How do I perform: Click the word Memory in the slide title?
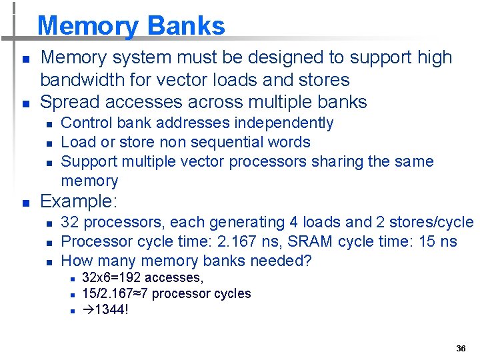[89, 26]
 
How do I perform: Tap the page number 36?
[461, 349]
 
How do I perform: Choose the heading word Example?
[79, 201]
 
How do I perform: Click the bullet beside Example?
[24, 202]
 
